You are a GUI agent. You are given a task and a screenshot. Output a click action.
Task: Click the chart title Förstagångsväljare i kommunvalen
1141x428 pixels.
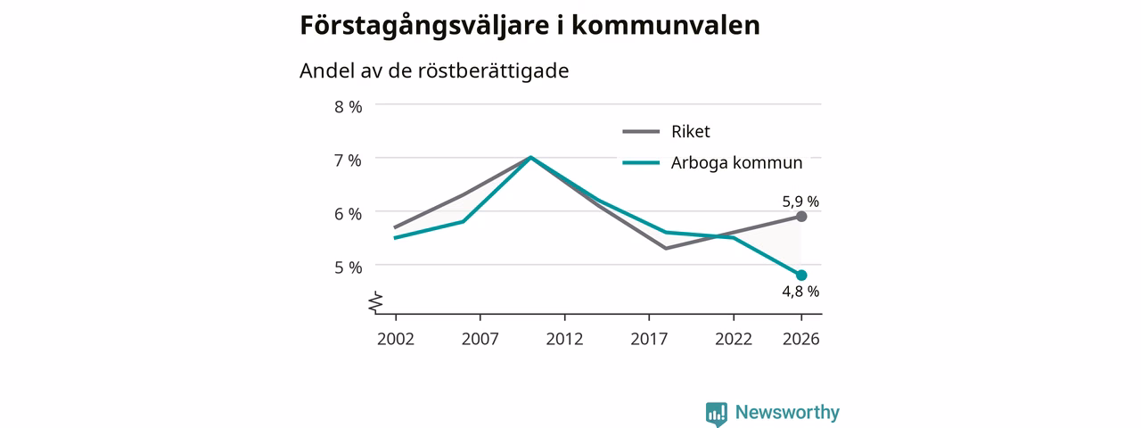[529, 26]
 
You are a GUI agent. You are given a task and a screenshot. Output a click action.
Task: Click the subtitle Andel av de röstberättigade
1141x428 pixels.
[434, 70]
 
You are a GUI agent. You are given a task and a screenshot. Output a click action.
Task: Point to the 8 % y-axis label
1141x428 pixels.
[348, 107]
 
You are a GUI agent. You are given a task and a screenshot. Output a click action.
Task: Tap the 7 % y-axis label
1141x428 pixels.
[348, 160]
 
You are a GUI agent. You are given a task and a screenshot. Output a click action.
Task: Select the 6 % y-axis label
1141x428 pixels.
[348, 214]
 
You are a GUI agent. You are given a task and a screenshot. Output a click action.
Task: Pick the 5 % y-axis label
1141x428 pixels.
[348, 267]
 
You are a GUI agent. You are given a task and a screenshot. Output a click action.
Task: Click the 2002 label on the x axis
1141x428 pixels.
[396, 339]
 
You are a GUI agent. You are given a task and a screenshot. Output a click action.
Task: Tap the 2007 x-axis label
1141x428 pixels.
[480, 339]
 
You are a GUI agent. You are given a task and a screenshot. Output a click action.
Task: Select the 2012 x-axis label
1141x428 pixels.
[564, 339]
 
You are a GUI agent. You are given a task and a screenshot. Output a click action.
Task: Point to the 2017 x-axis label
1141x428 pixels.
[649, 339]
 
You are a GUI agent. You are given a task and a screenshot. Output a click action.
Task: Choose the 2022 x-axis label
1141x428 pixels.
[734, 339]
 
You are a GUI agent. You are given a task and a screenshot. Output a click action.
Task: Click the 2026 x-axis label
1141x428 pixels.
[801, 339]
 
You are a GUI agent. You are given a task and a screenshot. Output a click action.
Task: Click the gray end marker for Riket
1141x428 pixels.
[801, 217]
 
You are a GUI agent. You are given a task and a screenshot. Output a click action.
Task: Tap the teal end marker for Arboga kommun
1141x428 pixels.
[801, 276]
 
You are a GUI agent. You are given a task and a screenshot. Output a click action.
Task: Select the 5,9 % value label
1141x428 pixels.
[800, 202]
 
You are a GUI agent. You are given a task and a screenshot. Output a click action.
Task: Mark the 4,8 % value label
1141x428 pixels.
[800, 292]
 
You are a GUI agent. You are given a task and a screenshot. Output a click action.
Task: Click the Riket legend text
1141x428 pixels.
[690, 131]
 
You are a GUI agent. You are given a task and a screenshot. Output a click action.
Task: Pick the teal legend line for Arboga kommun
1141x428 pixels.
[641, 163]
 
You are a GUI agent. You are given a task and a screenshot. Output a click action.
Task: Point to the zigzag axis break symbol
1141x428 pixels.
[376, 302]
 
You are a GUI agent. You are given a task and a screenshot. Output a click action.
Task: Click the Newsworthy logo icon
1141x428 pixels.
[717, 413]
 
